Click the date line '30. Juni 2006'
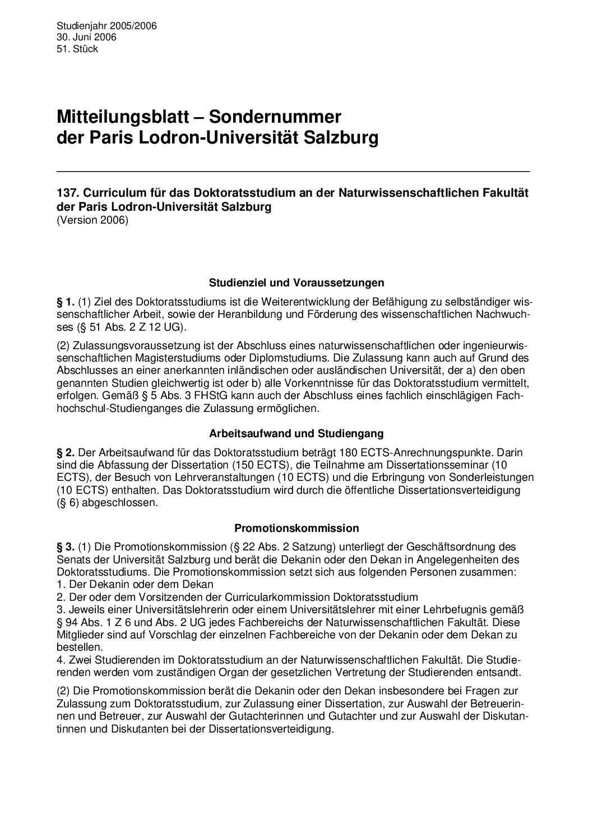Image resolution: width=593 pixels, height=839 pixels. [x=86, y=37]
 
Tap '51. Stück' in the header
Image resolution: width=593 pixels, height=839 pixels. [x=77, y=49]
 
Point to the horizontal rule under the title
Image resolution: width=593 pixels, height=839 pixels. [x=293, y=170]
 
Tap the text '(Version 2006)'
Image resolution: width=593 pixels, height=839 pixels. [x=92, y=220]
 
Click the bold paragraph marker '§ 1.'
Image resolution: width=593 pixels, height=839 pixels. [x=66, y=301]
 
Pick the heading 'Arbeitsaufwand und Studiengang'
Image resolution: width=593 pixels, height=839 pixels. [x=296, y=433]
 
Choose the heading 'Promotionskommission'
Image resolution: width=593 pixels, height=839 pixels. [x=296, y=528]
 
